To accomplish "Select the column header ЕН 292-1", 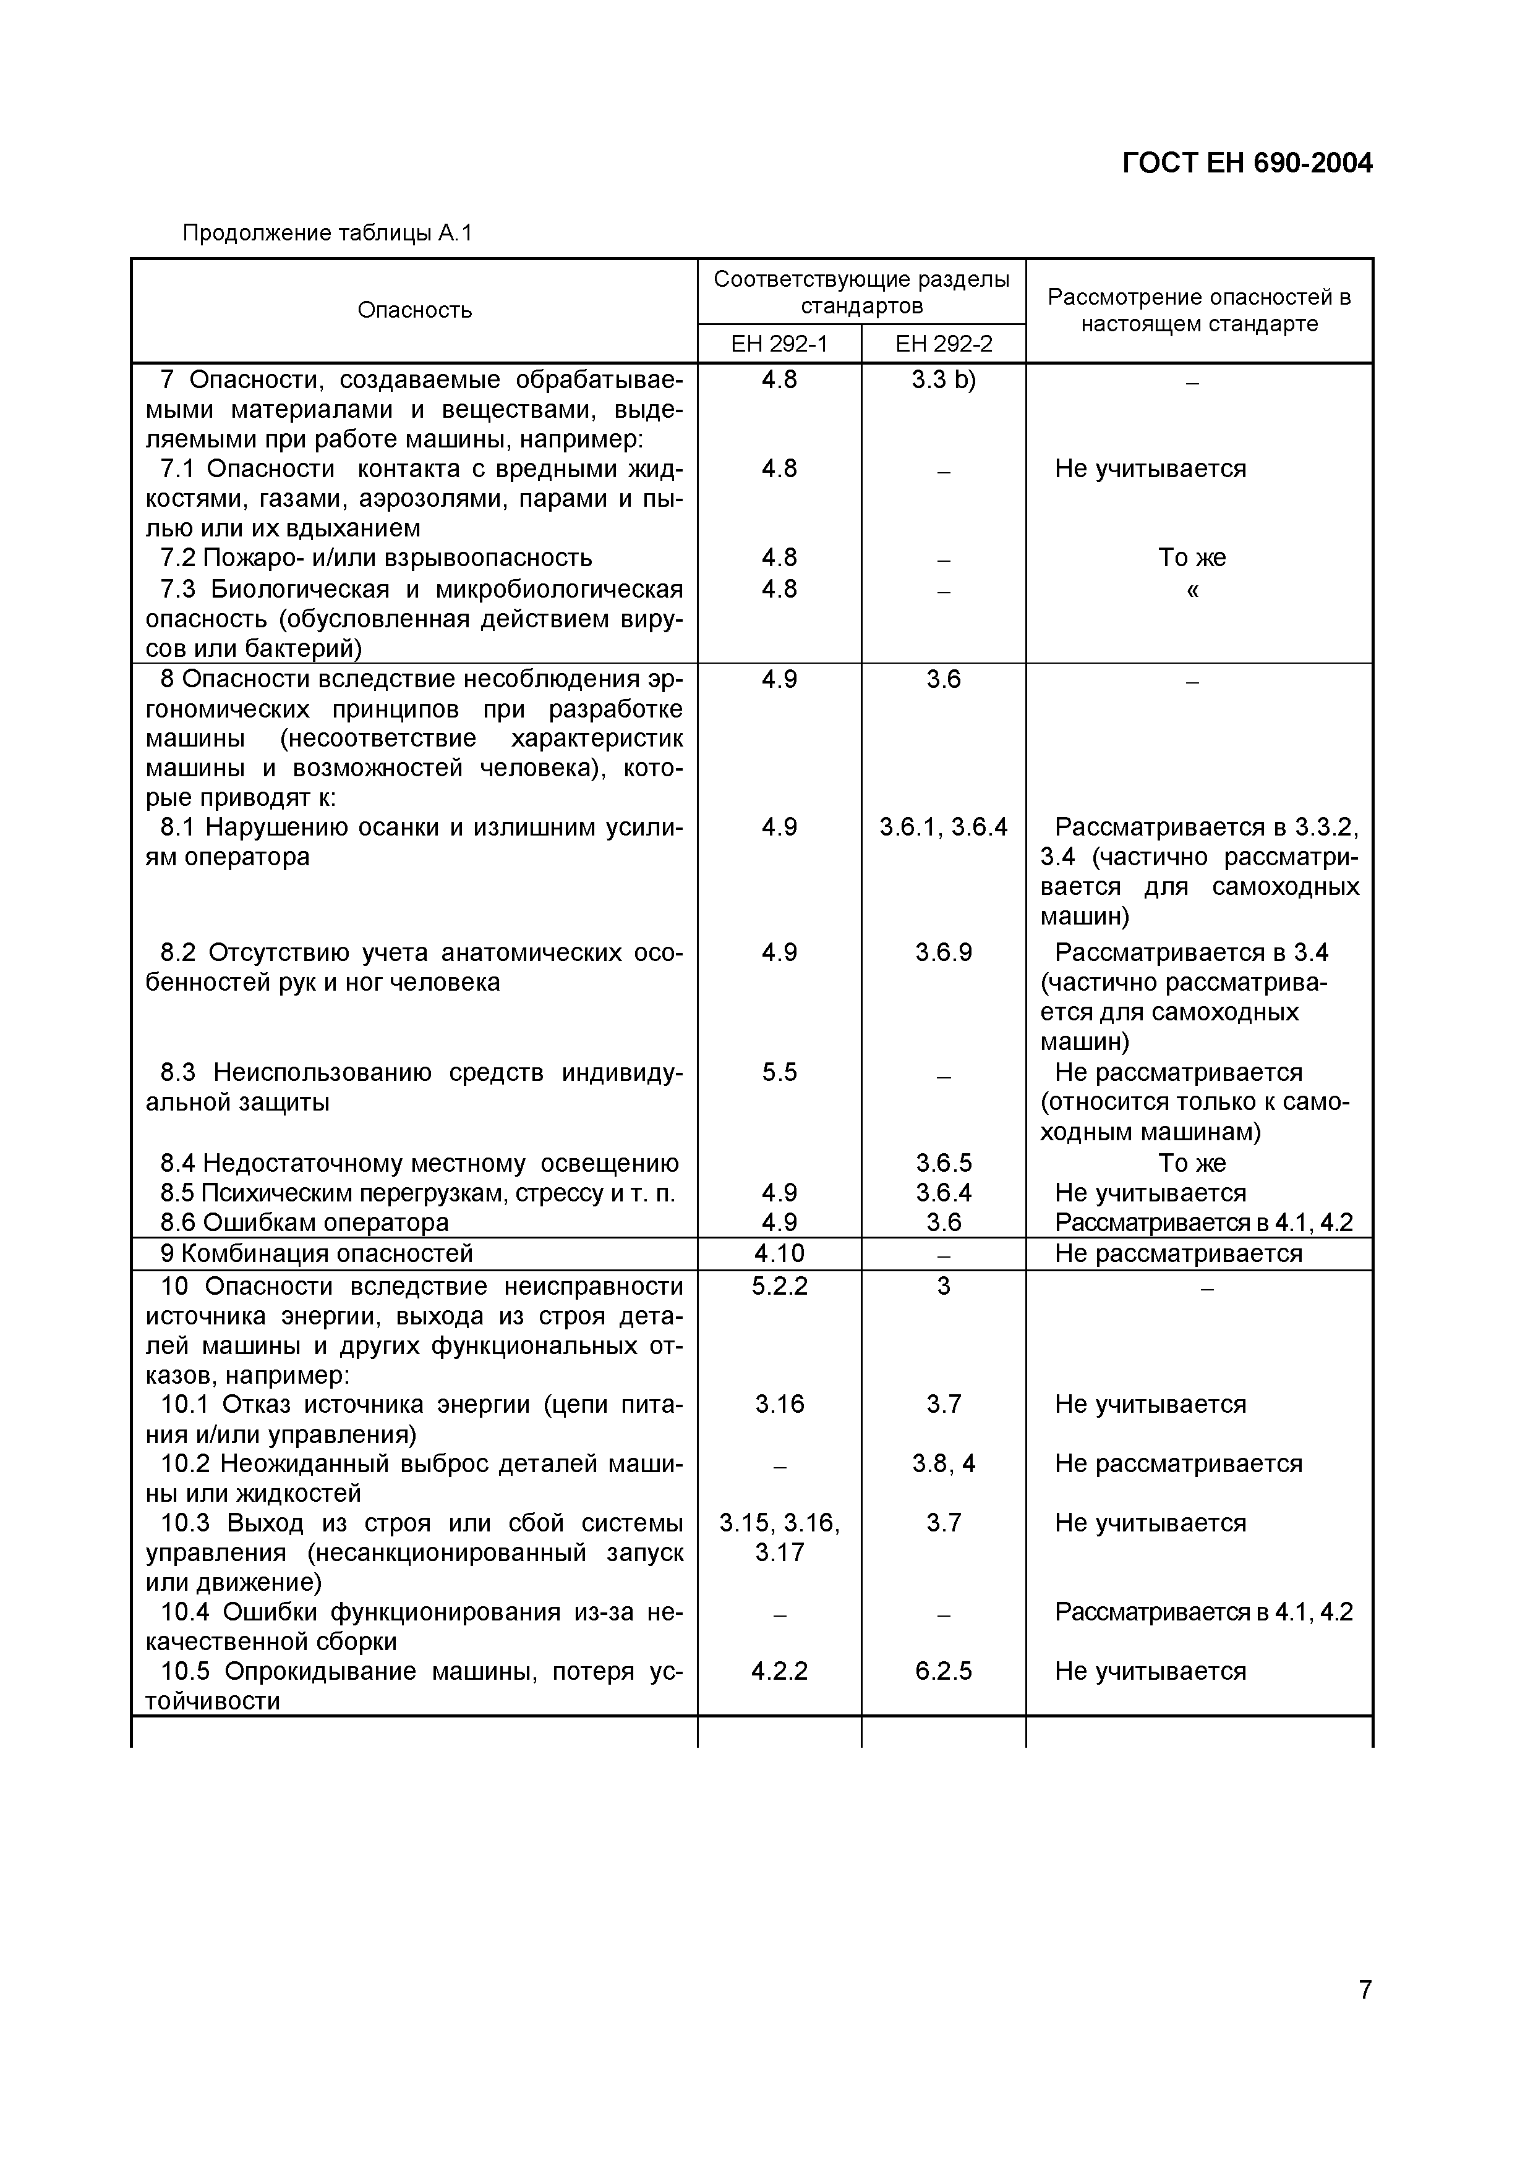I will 779,344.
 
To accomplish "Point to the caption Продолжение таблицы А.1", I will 326,233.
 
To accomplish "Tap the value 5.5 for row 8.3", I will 779,1073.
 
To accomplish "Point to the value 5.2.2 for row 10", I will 779,1286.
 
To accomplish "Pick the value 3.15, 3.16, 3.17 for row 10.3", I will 779,1537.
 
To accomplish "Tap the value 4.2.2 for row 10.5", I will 779,1671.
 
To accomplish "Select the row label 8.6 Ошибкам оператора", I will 304,1223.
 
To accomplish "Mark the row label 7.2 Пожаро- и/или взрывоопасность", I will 376,558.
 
